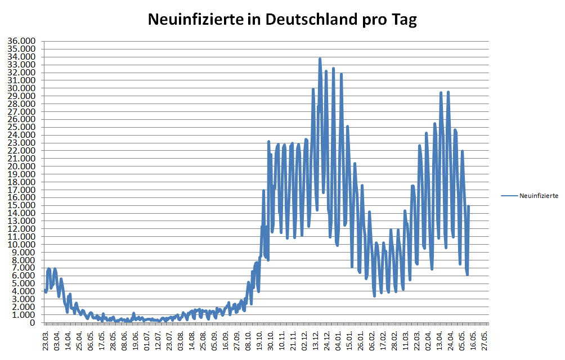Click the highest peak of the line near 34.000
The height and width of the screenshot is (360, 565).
320,58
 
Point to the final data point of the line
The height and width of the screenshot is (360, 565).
468,206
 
